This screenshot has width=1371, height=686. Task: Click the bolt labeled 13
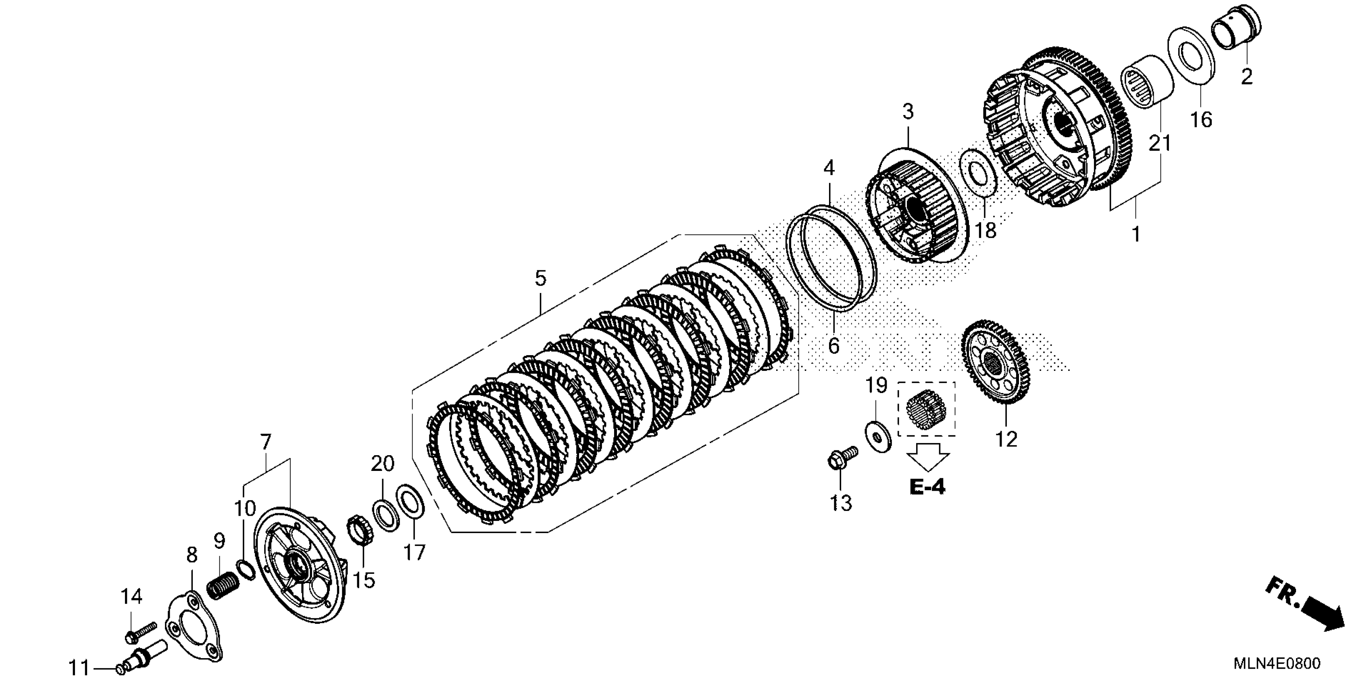[x=840, y=458]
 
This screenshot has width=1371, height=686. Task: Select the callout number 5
[x=540, y=278]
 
